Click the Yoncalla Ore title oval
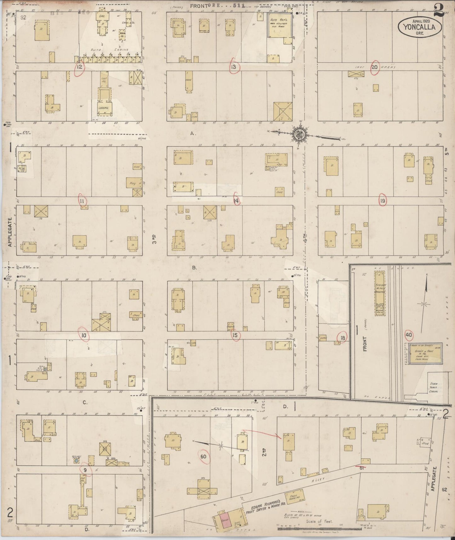coord(420,27)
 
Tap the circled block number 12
coord(80,67)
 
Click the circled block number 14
coord(236,200)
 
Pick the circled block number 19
coord(383,201)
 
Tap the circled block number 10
coord(84,336)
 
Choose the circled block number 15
coord(235,335)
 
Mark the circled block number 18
coord(343,338)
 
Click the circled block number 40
coord(408,335)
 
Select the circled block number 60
coord(203,457)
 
